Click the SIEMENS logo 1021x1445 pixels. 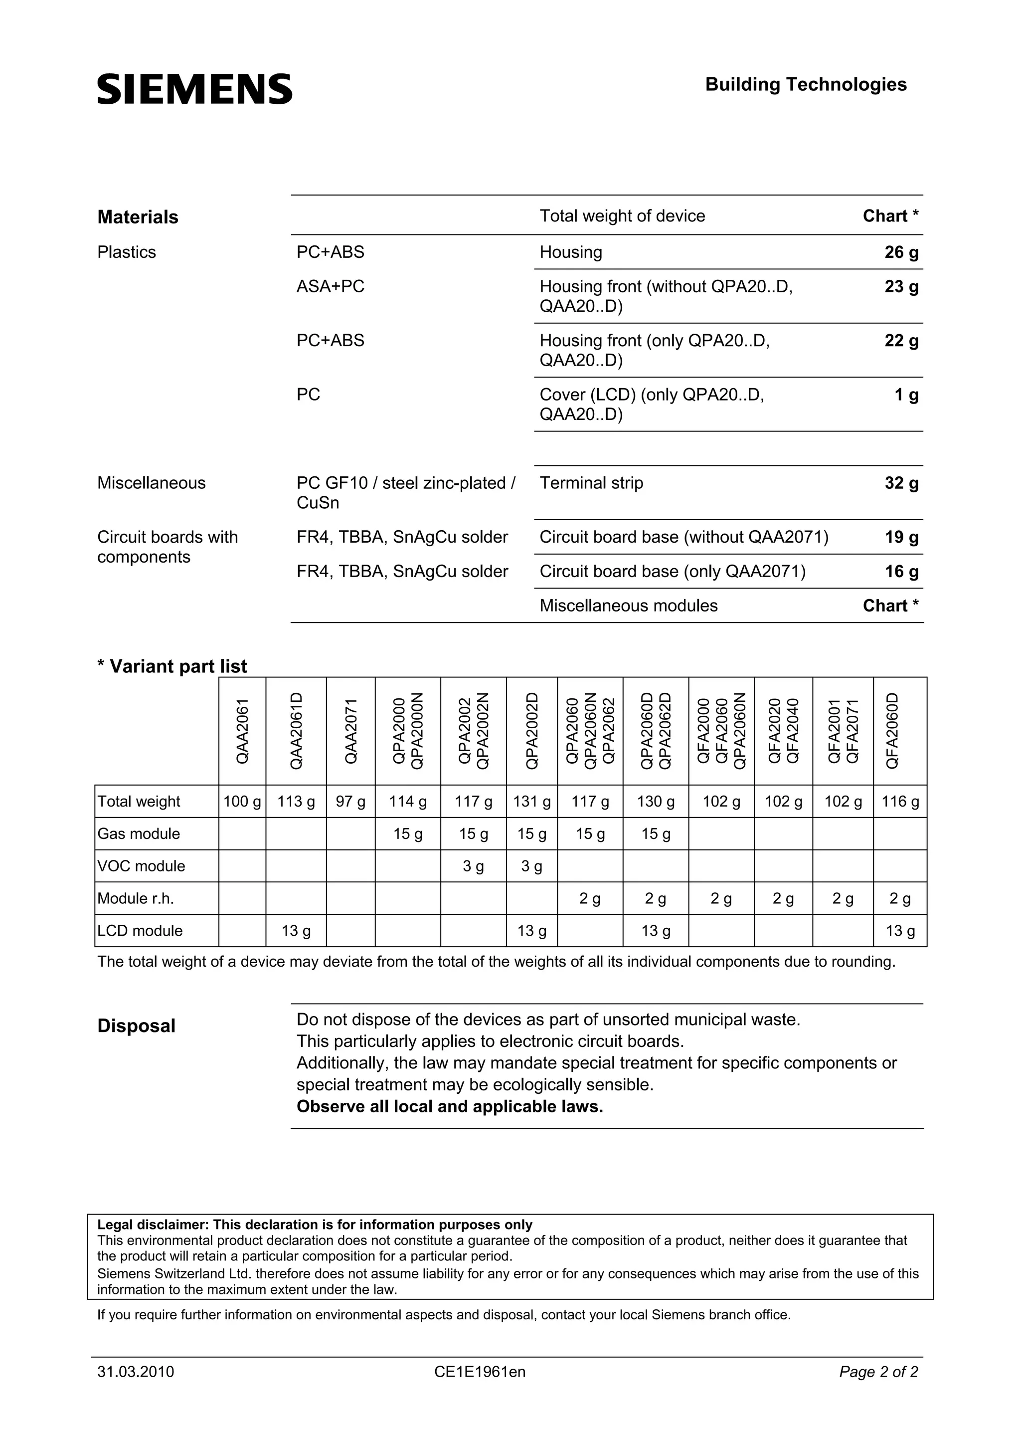pos(194,89)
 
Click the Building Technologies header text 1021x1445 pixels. pos(805,84)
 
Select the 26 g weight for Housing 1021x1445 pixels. pos(901,252)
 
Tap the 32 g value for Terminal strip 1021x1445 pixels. pos(901,483)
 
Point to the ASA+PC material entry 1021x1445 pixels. pos(330,286)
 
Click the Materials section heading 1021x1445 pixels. pos(138,217)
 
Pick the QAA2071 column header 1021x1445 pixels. pos(351,731)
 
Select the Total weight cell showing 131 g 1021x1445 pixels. pos(531,802)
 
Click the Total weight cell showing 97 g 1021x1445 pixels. pos(350,802)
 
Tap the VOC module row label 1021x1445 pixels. pos(142,866)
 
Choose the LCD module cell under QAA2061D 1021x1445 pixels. pos(296,931)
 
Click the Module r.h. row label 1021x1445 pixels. pos(136,899)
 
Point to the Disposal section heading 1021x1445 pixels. pos(137,1026)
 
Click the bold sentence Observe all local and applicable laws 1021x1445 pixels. pos(450,1106)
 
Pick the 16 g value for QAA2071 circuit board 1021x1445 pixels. pos(901,572)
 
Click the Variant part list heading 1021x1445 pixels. pos(172,666)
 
